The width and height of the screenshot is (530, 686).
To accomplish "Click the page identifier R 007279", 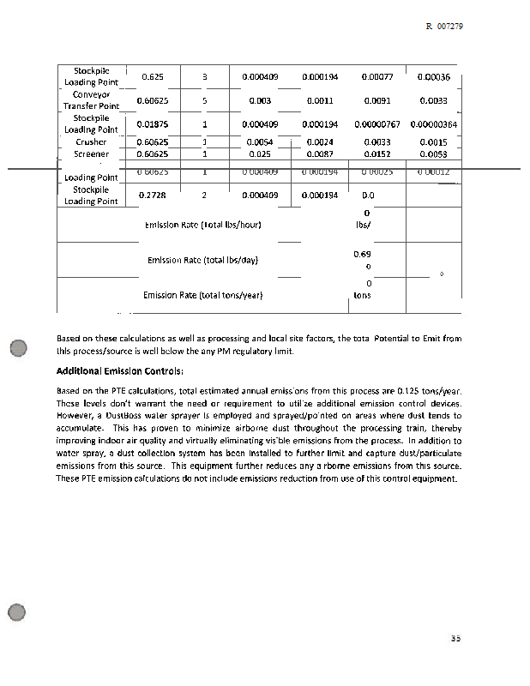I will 443,27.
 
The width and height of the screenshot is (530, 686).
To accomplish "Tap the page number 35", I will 455,638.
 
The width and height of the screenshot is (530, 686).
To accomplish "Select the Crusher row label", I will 91,142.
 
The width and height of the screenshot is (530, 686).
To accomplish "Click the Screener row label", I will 91,154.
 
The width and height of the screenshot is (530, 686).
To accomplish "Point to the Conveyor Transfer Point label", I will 91,99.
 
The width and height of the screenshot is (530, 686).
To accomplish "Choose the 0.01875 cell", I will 153,124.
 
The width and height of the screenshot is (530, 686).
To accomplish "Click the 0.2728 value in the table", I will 152,195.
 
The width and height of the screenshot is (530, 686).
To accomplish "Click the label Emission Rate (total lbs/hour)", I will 202,225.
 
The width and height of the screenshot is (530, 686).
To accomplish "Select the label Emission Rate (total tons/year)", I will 202,295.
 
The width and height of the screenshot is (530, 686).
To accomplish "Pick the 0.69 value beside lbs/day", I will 361,254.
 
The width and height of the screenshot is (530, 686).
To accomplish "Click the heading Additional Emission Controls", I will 119,371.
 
